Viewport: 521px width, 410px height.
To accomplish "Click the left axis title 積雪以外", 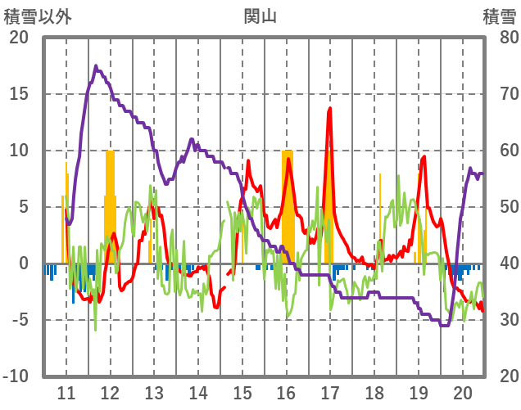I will (x=38, y=16).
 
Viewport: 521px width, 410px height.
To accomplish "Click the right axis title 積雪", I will (x=499, y=16).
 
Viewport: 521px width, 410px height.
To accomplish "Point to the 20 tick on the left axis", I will (x=19, y=38).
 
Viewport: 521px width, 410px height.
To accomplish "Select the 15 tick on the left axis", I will (x=19, y=94).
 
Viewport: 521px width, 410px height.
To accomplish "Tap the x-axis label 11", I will (x=66, y=391).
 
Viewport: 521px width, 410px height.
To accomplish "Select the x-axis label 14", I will (x=198, y=391).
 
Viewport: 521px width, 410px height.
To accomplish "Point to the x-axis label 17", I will (x=330, y=391).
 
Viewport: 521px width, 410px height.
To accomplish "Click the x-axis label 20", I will (x=463, y=391).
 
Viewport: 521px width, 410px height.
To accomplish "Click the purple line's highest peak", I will (x=96, y=66).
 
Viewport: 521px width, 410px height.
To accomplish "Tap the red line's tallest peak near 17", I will (x=330, y=108).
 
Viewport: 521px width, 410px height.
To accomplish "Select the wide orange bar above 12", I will (x=110, y=205).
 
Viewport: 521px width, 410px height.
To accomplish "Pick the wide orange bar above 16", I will (x=288, y=205).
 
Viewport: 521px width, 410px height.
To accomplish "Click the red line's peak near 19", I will (x=424, y=156).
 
